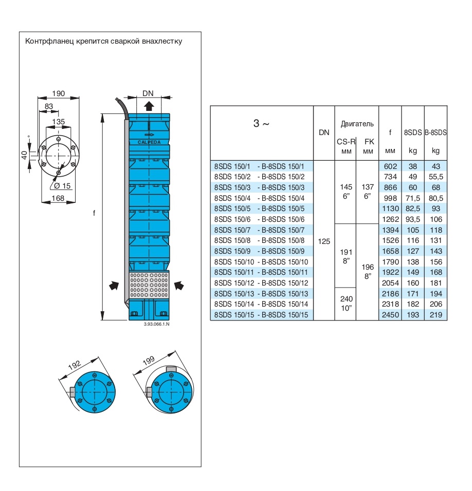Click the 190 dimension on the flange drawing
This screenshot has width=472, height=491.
[x=59, y=93]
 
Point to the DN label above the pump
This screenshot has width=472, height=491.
[x=148, y=93]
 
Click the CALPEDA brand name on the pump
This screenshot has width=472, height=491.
[x=149, y=142]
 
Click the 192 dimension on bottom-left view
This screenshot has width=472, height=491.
[x=76, y=365]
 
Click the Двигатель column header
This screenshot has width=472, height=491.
[x=357, y=124]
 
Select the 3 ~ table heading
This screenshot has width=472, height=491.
[x=262, y=124]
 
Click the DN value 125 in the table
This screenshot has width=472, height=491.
[x=324, y=241]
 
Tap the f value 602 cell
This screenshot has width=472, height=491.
[x=390, y=166]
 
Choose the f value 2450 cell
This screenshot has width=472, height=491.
[x=390, y=315]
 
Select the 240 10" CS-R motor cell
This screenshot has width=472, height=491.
[x=346, y=304]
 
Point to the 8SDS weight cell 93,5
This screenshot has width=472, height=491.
[x=412, y=219]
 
